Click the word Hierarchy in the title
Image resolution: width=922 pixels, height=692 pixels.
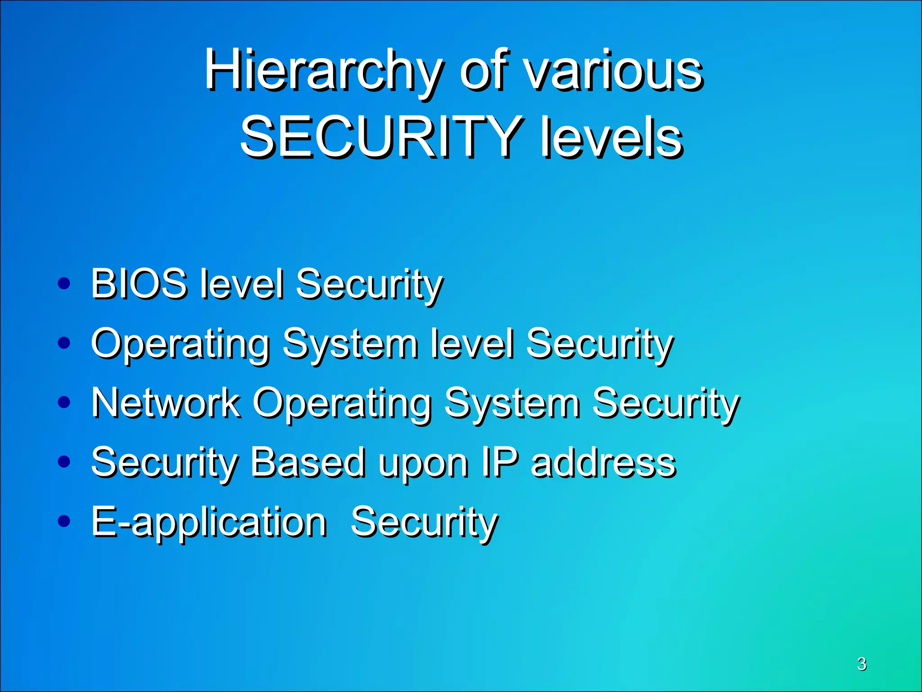[322, 72]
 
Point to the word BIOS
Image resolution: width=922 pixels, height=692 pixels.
[139, 283]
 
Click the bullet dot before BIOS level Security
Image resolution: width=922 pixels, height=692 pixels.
[64, 283]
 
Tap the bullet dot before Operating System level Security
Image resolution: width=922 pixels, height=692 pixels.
[64, 343]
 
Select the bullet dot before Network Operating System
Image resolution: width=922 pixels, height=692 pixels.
[64, 402]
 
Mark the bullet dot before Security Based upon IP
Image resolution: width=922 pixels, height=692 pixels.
[64, 462]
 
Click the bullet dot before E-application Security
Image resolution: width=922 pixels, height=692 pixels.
[64, 521]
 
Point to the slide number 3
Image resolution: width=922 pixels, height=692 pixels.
[862, 664]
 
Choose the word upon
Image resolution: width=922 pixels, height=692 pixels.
[423, 464]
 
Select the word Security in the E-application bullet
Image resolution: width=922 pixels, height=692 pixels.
[424, 523]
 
